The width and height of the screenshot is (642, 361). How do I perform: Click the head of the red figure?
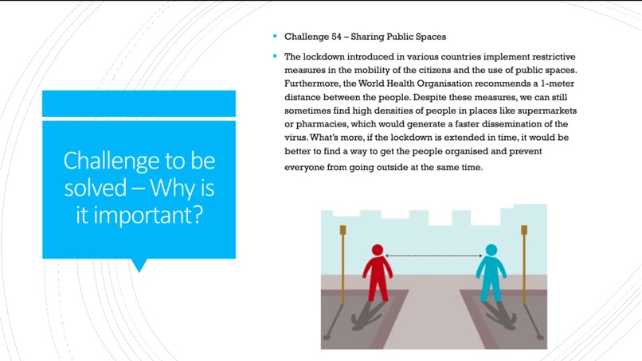(378, 251)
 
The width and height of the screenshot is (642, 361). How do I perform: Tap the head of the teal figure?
(491, 251)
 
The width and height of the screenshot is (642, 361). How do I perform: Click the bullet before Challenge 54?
(274, 37)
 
